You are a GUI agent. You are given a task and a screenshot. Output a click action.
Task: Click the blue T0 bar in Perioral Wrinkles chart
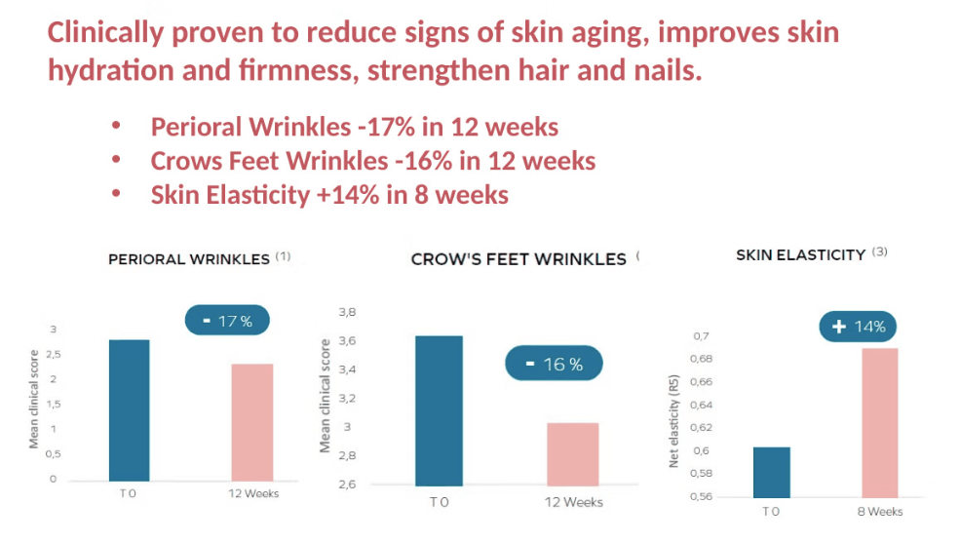[129, 409]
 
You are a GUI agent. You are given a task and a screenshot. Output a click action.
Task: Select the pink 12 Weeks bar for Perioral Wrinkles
[251, 421]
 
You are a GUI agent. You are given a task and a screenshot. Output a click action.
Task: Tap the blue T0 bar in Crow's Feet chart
[439, 410]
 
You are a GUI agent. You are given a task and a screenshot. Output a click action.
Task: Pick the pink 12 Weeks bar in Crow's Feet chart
[572, 453]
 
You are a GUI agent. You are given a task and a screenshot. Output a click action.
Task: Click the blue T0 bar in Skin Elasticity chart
[771, 472]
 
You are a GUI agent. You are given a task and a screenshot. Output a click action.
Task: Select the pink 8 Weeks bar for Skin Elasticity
[879, 422]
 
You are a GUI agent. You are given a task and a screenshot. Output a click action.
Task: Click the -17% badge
[227, 321]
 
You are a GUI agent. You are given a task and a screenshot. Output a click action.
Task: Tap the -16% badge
[554, 364]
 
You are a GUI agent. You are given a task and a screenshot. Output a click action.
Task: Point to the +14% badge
[859, 327]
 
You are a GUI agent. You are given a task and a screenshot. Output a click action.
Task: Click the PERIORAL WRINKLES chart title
[188, 259]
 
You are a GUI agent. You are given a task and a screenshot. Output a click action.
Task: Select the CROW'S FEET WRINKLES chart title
[518, 259]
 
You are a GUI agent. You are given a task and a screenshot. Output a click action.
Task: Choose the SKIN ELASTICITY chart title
[800, 254]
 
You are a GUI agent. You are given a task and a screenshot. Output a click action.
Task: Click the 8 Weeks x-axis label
[879, 511]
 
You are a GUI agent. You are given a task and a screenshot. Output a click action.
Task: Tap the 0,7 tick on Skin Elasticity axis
[701, 336]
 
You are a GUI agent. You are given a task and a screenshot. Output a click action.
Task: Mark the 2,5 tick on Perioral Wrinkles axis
[53, 355]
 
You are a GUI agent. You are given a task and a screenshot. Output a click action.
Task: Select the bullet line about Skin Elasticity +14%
[329, 195]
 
